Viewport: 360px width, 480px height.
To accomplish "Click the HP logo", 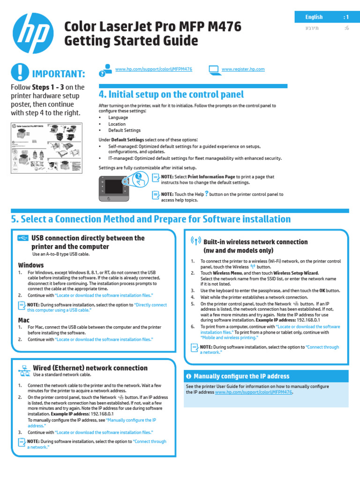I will pyautogui.click(x=33, y=33).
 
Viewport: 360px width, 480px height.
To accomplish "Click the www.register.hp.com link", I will pyautogui.click(x=243, y=69).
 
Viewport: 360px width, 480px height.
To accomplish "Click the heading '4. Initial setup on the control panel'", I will pyautogui.click(x=172, y=94).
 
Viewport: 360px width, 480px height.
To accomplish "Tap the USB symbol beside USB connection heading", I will pyautogui.click(x=22, y=238).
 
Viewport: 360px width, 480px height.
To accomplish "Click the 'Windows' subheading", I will pyautogui.click(x=31, y=265).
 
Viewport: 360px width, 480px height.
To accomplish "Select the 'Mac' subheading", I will pyautogui.click(x=24, y=320).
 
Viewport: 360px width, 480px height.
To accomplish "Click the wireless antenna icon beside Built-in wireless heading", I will pyautogui.click(x=196, y=241).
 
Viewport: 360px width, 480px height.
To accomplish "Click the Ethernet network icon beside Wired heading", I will pyautogui.click(x=24, y=370).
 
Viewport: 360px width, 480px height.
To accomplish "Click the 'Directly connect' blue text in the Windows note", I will pyautogui.click(x=150, y=305).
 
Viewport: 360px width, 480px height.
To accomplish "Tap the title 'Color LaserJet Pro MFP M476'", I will pyautogui.click(x=153, y=27).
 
